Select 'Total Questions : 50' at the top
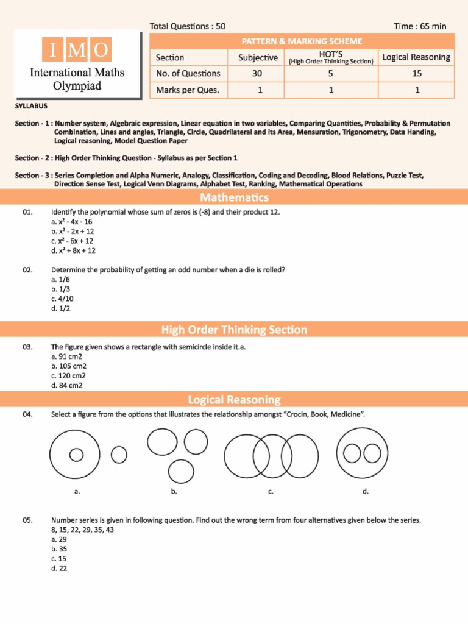pyautogui.click(x=187, y=26)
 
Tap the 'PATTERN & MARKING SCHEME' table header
pyautogui.click(x=302, y=41)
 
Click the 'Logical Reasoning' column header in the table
pyautogui.click(x=416, y=57)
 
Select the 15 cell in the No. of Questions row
pyautogui.click(x=416, y=74)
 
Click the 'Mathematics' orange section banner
pyautogui.click(x=234, y=197)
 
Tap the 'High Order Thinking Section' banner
pyautogui.click(x=234, y=330)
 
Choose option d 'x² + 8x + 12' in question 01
pyautogui.click(x=74, y=250)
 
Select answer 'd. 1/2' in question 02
pyautogui.click(x=61, y=308)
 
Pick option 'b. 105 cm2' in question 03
pyautogui.click(x=69, y=366)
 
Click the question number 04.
pyautogui.click(x=27, y=414)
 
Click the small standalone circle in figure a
pyautogui.click(x=119, y=454)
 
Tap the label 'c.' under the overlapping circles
pyautogui.click(x=270, y=491)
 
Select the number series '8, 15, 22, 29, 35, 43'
pyautogui.click(x=82, y=530)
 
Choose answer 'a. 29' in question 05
pyautogui.click(x=59, y=539)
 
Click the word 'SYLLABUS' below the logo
pyautogui.click(x=31, y=106)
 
